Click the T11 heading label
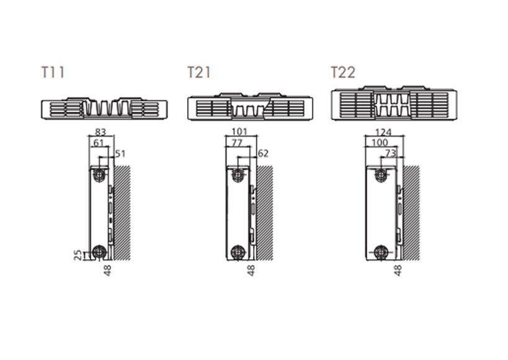coord(53,73)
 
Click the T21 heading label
coord(199,73)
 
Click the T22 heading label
coord(343,73)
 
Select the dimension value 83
coord(100,132)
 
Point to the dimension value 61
coord(99,143)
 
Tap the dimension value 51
coord(120,153)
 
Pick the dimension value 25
coord(78,255)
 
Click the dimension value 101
coord(240,132)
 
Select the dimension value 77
coord(237,143)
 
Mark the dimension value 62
coord(263,153)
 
